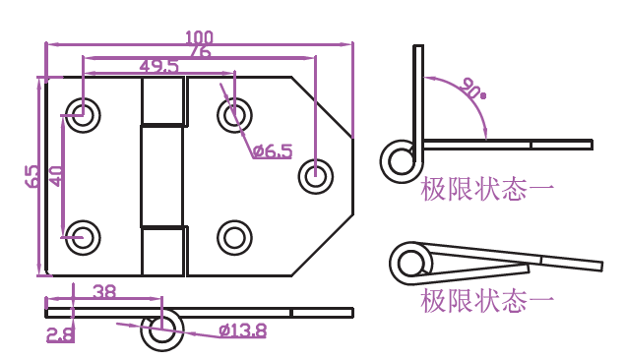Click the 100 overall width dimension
point(199,37)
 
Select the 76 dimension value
point(200,52)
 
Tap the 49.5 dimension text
point(159,66)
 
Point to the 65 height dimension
point(31,176)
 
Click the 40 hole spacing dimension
point(56,176)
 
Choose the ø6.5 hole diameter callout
point(273,151)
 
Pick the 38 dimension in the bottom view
point(104,292)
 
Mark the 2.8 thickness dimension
point(60,334)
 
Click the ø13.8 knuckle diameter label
point(243,330)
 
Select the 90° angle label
point(472,89)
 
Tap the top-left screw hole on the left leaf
point(83,115)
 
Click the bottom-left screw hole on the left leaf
point(83,238)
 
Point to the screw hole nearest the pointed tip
point(316,176)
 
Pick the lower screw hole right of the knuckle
point(235,238)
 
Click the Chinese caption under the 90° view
point(487,190)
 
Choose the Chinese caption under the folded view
point(487,301)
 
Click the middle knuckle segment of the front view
point(161,176)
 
